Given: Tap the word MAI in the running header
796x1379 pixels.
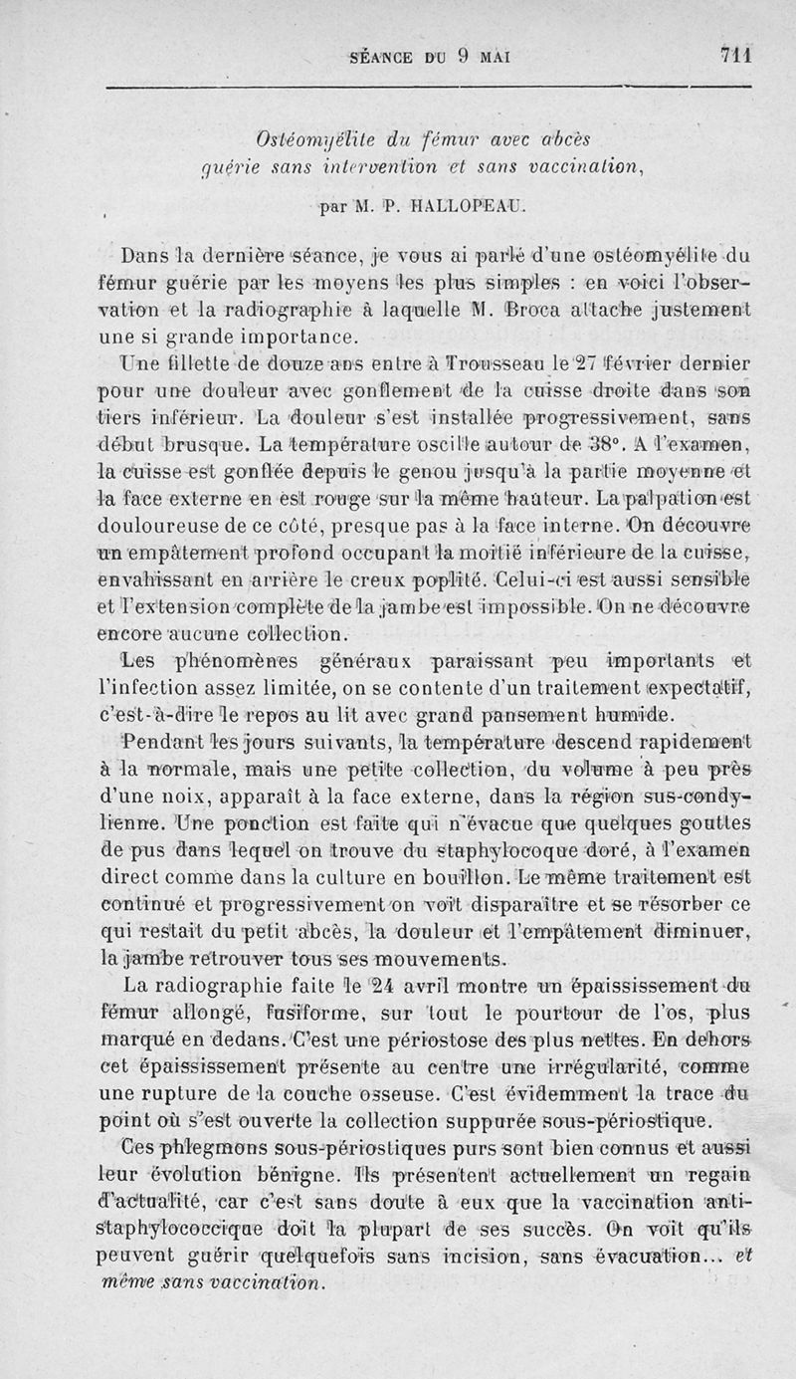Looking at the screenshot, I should (x=490, y=57).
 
